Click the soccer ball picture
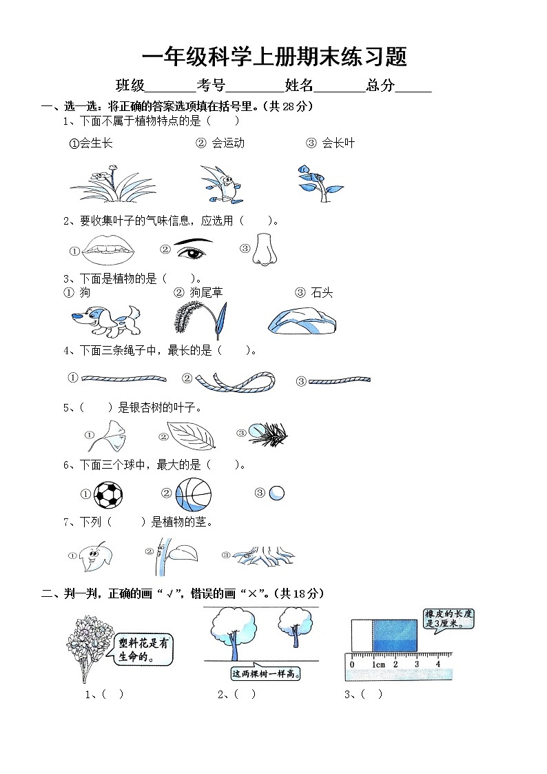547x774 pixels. coord(108,493)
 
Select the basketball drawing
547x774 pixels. coord(193,493)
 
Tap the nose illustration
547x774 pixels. coord(262,249)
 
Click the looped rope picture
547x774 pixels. coord(235,379)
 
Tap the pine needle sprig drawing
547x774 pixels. coord(267,434)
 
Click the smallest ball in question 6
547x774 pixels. coord(276,493)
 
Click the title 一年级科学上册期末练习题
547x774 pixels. coord(273,57)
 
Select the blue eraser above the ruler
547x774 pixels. coord(394,634)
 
